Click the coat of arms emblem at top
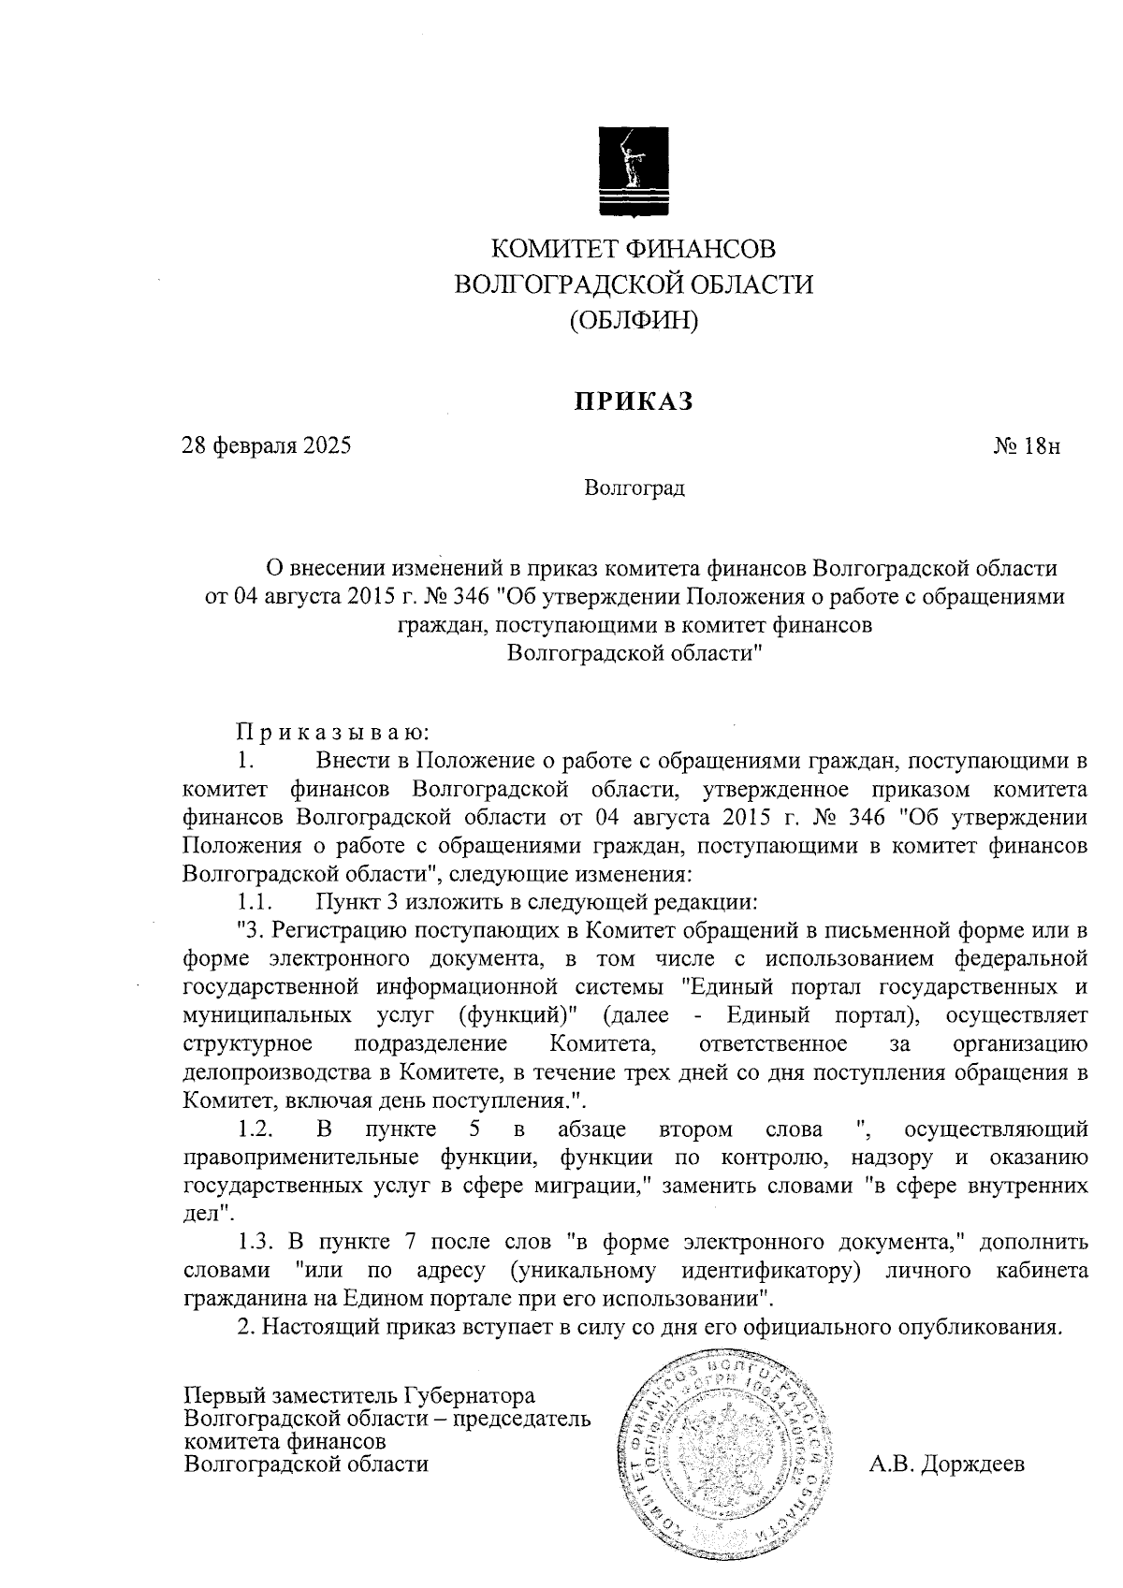pyautogui.click(x=634, y=169)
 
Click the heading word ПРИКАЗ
pyautogui.click(x=634, y=401)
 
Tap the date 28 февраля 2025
pyautogui.click(x=267, y=445)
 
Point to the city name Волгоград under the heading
pyautogui.click(x=634, y=488)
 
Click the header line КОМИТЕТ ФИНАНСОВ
pyautogui.click(x=634, y=249)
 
